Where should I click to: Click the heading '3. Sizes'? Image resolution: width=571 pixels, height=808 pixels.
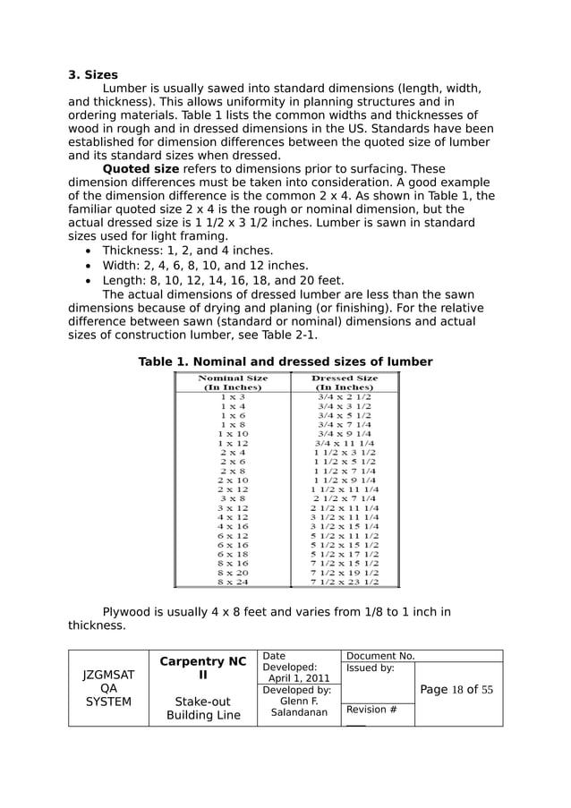93,75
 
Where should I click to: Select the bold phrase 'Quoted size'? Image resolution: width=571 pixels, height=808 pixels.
141,169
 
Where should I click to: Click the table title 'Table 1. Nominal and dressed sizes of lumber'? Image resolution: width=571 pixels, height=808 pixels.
285,361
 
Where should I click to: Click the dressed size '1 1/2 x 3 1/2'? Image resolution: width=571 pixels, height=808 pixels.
345,453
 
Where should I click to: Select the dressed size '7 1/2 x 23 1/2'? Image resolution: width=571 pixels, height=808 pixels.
345,582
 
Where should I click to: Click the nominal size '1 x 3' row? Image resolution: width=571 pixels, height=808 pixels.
233,396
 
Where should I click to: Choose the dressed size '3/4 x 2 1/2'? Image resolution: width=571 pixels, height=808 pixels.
345,396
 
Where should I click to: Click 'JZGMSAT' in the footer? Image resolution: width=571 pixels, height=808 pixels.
108,675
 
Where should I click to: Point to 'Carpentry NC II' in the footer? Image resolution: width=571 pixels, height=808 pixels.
202,668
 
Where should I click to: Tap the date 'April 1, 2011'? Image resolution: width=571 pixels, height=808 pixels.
299,678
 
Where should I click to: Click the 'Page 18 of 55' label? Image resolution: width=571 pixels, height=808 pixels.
456,690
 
